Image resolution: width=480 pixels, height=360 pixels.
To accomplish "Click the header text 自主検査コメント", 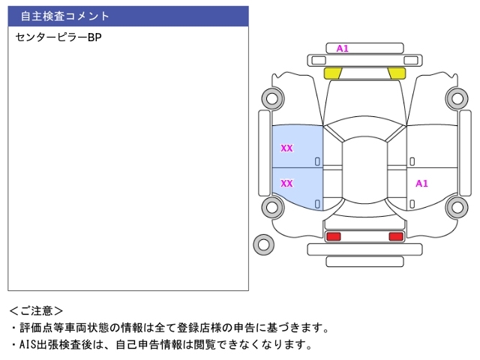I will coord(65,16).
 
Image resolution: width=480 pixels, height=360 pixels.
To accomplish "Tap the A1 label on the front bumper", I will coord(342,49).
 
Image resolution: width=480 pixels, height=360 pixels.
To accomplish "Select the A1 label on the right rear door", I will coord(421,183).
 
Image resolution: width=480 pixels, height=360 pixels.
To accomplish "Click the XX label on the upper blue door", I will coord(286,148).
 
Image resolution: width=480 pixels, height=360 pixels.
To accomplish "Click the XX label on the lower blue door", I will coord(286,183).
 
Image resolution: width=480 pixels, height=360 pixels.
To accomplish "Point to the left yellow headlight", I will coord(332,73).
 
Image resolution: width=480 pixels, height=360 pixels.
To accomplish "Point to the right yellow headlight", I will coord(397,73).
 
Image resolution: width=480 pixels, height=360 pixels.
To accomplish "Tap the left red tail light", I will coord(333,236).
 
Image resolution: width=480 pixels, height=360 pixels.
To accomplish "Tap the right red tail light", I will coord(396,236).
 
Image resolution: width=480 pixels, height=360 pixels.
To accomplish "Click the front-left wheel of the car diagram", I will coord(271,97).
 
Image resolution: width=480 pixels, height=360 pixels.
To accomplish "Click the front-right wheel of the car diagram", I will coord(457,97).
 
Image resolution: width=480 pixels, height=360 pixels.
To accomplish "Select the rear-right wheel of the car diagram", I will coord(457,208).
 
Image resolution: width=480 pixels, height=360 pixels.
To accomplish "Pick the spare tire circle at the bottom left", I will coord(264,244).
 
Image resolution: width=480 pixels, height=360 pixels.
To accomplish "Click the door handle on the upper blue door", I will coord(317,161).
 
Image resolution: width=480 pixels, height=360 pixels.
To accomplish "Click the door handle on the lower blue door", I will coord(317,203).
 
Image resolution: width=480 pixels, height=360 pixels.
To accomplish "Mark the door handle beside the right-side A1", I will coord(411,203).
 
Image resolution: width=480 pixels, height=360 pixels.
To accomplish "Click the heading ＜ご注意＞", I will coord(37,310).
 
